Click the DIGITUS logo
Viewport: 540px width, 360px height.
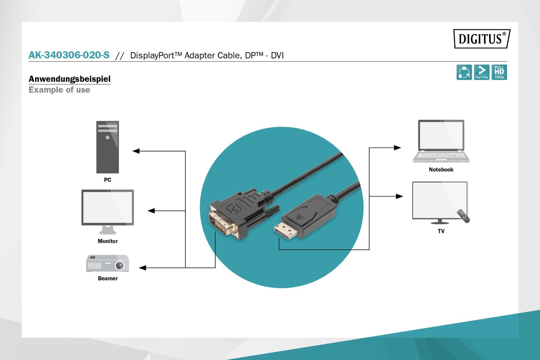pyautogui.click(x=481, y=39)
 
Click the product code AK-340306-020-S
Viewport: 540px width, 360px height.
pyautogui.click(x=69, y=55)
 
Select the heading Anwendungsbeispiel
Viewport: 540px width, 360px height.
pyautogui.click(x=70, y=79)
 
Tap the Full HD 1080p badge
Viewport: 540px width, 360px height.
pyautogui.click(x=499, y=72)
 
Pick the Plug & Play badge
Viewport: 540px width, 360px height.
pyautogui.click(x=482, y=72)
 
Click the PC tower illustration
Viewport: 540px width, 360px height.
pyautogui.click(x=107, y=147)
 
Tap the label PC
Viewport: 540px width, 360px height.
pyautogui.click(x=107, y=180)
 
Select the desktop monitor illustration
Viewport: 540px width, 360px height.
pyautogui.click(x=107, y=211)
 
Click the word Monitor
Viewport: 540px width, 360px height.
pyautogui.click(x=107, y=241)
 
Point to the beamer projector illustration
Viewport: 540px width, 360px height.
pyautogui.click(x=107, y=263)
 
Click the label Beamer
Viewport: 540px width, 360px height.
pyautogui.click(x=107, y=278)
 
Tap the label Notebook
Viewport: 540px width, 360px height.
pyautogui.click(x=441, y=170)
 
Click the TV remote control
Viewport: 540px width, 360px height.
pyautogui.click(x=463, y=216)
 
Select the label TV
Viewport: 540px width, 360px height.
pyautogui.click(x=441, y=231)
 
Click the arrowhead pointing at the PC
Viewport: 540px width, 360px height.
pyautogui.click(x=136, y=151)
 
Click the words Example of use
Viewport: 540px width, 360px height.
pyautogui.click(x=59, y=90)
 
